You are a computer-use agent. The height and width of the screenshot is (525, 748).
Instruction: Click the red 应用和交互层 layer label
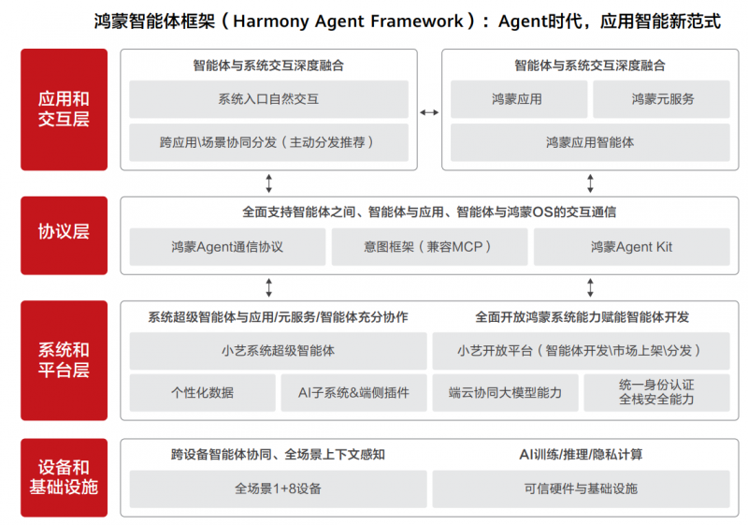64,109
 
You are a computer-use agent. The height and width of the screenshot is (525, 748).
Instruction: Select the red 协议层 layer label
64,232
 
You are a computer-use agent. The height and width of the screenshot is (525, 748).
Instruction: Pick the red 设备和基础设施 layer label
64,477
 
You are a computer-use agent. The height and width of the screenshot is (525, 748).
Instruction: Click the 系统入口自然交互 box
268,99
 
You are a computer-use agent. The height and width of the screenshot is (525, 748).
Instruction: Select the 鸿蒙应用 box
518,99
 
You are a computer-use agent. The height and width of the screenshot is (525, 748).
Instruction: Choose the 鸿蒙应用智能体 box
590,143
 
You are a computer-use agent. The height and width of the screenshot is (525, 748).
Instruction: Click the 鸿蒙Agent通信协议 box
227,247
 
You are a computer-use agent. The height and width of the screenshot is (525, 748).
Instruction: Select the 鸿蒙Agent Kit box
632,247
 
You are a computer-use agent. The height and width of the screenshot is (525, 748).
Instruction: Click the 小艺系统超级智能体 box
278,351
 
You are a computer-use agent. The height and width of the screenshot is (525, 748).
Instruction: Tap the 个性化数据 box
202,393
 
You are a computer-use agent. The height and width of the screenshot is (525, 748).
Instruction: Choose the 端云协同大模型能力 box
505,393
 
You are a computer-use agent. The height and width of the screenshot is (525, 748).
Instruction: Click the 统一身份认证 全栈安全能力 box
656,393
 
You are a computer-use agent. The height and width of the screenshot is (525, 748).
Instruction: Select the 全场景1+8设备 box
278,489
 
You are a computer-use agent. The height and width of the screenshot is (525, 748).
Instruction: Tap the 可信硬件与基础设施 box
581,489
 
